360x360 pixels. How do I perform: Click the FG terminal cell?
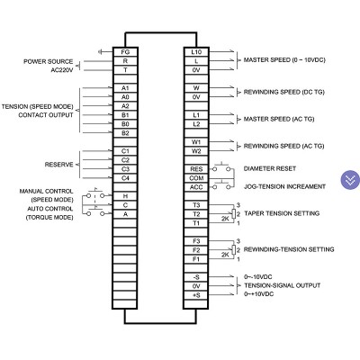[125, 52]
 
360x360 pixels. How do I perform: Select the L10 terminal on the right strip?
[196, 52]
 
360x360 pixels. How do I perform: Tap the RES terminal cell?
[196, 169]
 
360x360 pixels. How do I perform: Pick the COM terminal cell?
[196, 178]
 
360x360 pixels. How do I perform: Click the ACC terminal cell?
[196, 187]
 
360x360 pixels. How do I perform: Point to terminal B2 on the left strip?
[125, 133]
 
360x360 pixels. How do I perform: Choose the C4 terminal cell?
[125, 178]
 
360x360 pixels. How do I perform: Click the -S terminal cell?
[196, 277]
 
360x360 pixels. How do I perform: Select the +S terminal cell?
[196, 295]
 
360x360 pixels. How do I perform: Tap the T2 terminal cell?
[196, 214]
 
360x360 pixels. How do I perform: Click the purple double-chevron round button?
[350, 180]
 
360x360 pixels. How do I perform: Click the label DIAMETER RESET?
[270, 168]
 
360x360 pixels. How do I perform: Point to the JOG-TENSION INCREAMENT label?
[284, 186]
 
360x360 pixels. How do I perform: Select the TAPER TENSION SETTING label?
[282, 213]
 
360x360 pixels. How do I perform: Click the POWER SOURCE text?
[49, 61]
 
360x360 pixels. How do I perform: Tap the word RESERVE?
[58, 165]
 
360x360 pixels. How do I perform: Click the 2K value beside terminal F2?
[225, 255]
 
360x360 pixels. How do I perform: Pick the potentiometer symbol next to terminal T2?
[234, 214]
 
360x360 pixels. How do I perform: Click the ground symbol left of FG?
[100, 52]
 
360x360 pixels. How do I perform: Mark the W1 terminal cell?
[196, 142]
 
